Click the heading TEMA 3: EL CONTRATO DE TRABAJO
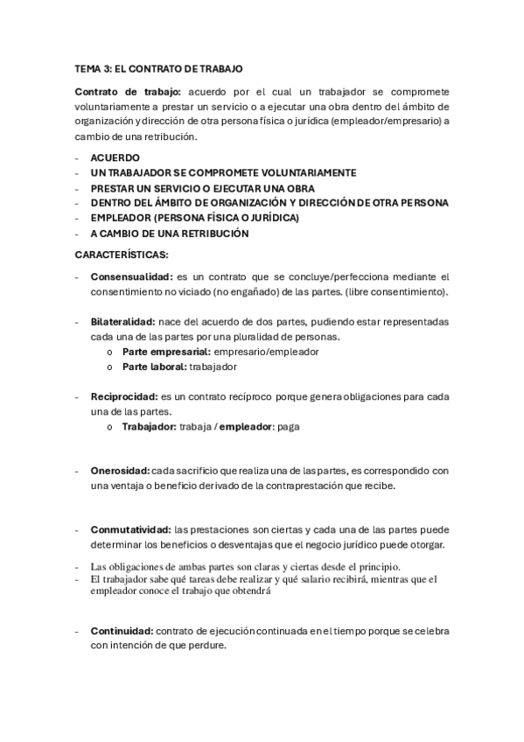(x=158, y=67)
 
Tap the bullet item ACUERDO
(x=115, y=157)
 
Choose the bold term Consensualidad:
(x=129, y=276)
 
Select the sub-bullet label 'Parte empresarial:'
(x=161, y=352)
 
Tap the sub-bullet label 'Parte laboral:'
(x=154, y=367)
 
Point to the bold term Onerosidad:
(x=120, y=471)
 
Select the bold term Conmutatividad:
(x=131, y=530)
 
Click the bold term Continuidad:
(x=122, y=631)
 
